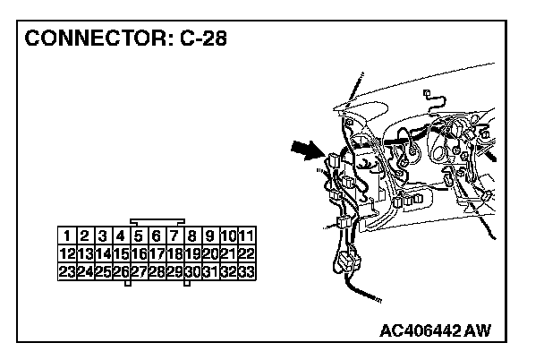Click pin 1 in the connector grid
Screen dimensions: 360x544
[x=66, y=236]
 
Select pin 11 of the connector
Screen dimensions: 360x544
[x=247, y=236]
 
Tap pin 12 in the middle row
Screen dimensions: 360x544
[x=66, y=253]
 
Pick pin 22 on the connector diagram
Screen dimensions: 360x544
[x=247, y=253]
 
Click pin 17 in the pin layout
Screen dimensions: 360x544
[x=157, y=253]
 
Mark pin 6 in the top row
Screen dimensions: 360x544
[x=157, y=236]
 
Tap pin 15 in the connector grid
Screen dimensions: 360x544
[x=121, y=253]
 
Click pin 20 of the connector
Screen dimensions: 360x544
[x=211, y=253]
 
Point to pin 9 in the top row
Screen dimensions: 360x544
[x=211, y=236]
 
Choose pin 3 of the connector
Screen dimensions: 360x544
[x=102, y=236]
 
